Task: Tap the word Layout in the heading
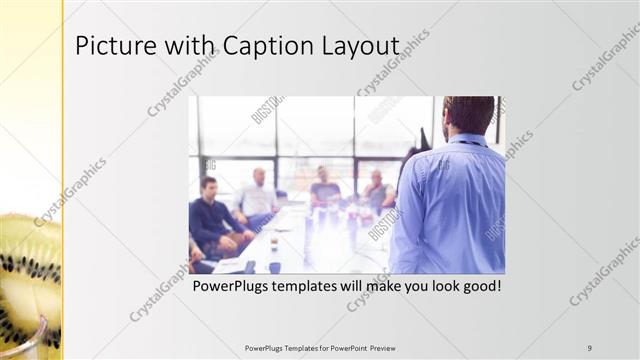361,46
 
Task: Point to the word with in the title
186,46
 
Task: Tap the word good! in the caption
477,287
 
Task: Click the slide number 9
590,348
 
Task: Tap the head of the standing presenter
468,114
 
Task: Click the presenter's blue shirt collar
465,140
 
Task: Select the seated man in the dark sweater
213,215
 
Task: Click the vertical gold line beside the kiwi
63,180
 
